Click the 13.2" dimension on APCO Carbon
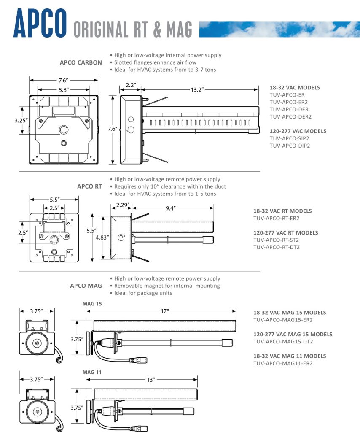click(x=197, y=89)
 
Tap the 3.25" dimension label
click(x=21, y=120)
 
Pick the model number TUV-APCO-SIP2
click(x=289, y=138)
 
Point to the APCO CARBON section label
click(x=81, y=62)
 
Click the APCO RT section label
click(x=89, y=186)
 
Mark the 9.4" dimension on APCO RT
click(x=170, y=208)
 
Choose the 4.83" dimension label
click(x=102, y=238)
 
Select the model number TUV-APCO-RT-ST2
click(x=277, y=240)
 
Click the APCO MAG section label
click(x=86, y=286)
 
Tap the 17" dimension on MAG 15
click(x=164, y=311)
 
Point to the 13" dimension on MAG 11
click(x=150, y=380)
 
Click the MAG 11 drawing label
click(x=92, y=373)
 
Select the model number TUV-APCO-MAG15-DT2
click(x=283, y=342)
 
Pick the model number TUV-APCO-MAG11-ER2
click(x=283, y=363)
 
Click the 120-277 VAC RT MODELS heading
click(x=286, y=232)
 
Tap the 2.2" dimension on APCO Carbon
click(x=131, y=85)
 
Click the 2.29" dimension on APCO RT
click(x=121, y=205)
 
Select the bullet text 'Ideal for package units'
click(x=143, y=293)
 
